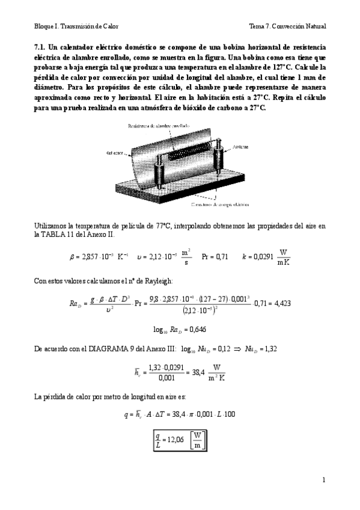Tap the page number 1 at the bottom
323,480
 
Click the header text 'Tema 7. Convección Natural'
287,26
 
